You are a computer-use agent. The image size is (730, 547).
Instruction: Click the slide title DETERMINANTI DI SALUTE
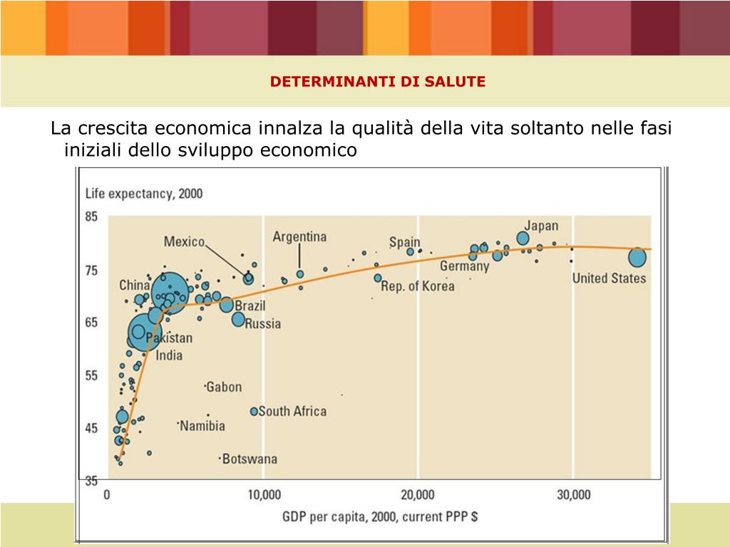click(378, 81)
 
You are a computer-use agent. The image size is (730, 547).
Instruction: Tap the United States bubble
click(637, 257)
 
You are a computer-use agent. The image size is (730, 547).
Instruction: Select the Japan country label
click(542, 226)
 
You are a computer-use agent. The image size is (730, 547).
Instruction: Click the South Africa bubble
click(254, 412)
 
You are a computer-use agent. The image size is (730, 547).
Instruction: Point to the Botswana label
click(250, 459)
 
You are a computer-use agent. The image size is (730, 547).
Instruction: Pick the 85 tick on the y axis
click(92, 217)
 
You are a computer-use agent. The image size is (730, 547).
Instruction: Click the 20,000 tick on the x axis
click(418, 495)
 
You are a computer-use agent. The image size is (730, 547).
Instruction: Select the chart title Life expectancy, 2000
click(144, 194)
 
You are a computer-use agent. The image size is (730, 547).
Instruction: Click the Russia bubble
click(239, 319)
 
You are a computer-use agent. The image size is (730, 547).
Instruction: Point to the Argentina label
click(299, 236)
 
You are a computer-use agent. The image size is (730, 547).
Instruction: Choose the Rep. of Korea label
click(418, 286)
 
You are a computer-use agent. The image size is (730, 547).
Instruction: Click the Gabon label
click(224, 387)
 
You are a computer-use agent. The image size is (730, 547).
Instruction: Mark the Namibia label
click(202, 426)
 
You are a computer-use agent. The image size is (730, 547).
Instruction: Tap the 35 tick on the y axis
click(92, 481)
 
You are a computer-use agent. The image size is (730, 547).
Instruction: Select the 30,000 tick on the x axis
click(572, 495)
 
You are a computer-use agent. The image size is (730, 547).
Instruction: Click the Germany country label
click(464, 266)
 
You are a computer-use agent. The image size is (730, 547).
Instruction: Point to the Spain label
click(404, 242)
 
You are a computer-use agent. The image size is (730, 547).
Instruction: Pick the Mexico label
click(184, 241)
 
